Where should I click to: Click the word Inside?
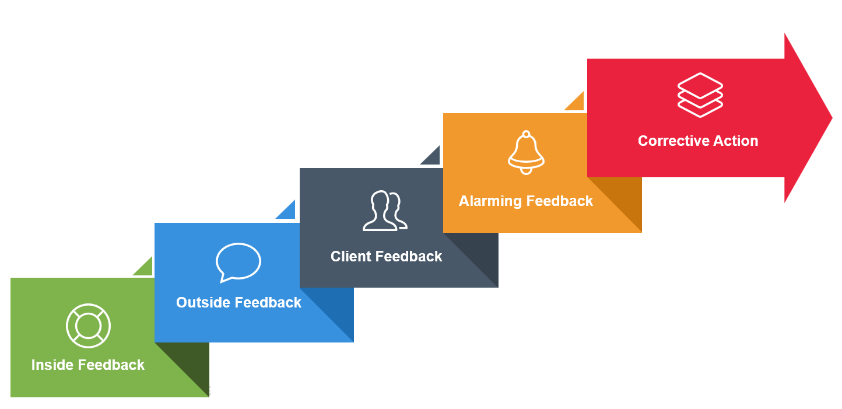click(x=52, y=365)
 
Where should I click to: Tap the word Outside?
click(x=201, y=302)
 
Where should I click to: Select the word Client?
click(x=351, y=257)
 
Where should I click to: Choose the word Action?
click(x=736, y=141)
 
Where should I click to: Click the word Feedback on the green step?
click(x=111, y=365)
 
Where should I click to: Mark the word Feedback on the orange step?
click(x=560, y=201)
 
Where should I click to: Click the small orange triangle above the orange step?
click(x=577, y=103)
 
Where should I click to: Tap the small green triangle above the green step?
click(x=145, y=268)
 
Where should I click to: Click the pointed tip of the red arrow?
click(x=832, y=118)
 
